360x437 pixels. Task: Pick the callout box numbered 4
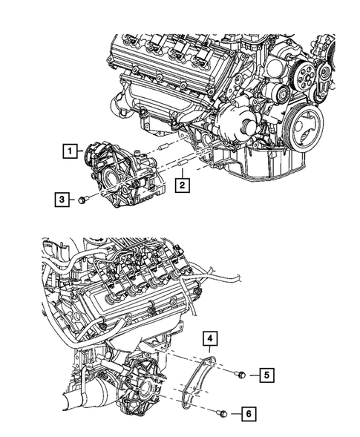[x=211, y=340]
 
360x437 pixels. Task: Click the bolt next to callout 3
[x=83, y=199]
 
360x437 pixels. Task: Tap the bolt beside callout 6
[x=222, y=413]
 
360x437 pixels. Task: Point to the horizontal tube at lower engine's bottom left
[x=71, y=407]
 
